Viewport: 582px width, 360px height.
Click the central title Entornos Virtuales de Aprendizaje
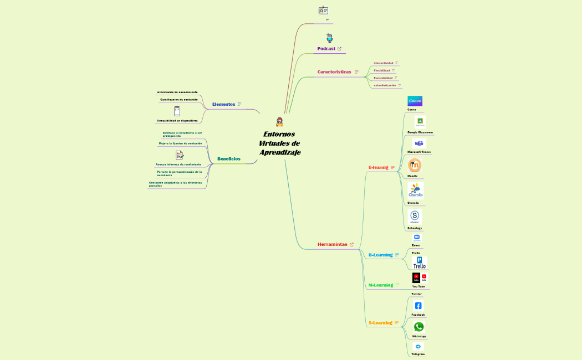(279, 143)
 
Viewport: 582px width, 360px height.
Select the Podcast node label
(326, 49)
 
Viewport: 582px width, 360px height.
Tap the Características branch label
(334, 72)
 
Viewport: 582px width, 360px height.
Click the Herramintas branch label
(332, 244)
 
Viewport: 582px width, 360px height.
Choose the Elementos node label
(223, 104)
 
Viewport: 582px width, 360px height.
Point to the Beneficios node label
(229, 159)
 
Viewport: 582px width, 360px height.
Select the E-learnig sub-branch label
(378, 167)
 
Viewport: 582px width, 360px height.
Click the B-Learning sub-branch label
(380, 255)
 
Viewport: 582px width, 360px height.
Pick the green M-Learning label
(381, 285)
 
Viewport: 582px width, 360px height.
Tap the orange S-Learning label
(380, 323)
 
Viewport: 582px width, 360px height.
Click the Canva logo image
(415, 101)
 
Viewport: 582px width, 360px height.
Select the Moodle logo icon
(415, 165)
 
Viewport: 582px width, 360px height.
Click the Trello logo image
(420, 263)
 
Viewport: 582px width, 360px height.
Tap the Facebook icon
(418, 306)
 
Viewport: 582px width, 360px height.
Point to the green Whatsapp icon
(419, 327)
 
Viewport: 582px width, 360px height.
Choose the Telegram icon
(418, 347)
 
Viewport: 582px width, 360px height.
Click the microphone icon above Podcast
(329, 38)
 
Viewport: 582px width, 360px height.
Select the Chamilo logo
(416, 191)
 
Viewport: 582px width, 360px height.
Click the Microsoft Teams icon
(419, 143)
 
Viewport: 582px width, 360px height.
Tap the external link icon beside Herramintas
(352, 244)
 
